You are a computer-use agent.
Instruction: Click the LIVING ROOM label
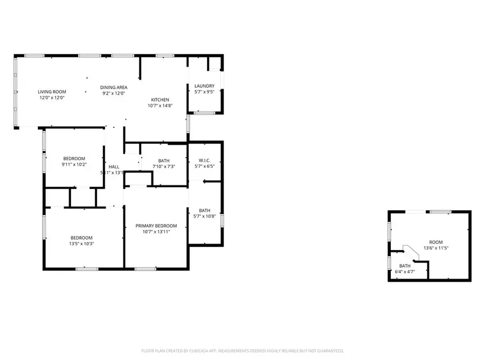click(51, 91)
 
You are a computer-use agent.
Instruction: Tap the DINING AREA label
click(113, 87)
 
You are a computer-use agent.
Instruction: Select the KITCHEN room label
click(160, 99)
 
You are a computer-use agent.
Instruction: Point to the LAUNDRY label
click(204, 86)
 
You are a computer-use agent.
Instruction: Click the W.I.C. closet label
click(204, 160)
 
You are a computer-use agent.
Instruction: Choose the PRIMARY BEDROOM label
click(156, 226)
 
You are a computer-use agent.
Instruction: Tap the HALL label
click(114, 167)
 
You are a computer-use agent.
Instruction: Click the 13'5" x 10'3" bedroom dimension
click(81, 244)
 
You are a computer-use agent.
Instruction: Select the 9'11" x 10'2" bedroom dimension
click(74, 165)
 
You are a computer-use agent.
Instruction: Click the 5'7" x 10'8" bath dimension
click(204, 217)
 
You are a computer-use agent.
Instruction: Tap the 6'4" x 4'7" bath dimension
click(405, 272)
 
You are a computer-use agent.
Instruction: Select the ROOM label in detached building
click(435, 243)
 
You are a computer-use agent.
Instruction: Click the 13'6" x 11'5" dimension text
click(435, 248)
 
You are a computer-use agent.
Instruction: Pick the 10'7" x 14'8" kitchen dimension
click(160, 106)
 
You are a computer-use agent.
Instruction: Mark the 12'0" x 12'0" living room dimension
click(51, 98)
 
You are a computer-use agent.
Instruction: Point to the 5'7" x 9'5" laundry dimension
click(204, 92)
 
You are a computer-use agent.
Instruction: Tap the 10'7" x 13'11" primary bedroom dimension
click(156, 232)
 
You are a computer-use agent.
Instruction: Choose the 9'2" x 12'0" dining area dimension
click(113, 93)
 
